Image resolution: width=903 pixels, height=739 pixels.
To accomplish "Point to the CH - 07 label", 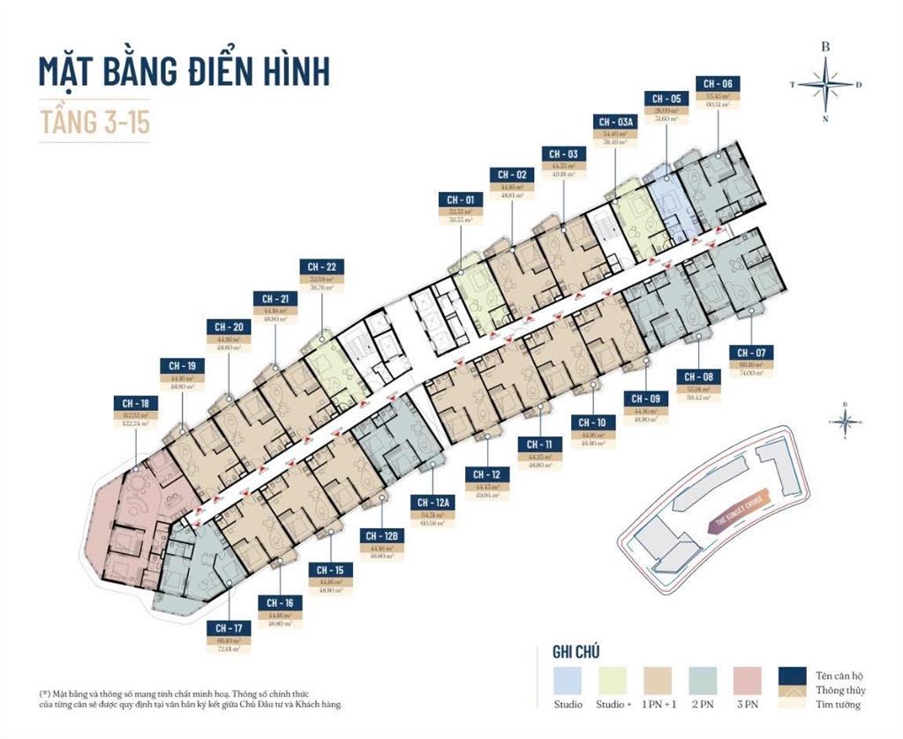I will click(x=751, y=353).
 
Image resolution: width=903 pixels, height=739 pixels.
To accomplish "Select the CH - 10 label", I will click(x=593, y=422).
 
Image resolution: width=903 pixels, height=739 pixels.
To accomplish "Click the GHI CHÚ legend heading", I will click(x=576, y=652).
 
